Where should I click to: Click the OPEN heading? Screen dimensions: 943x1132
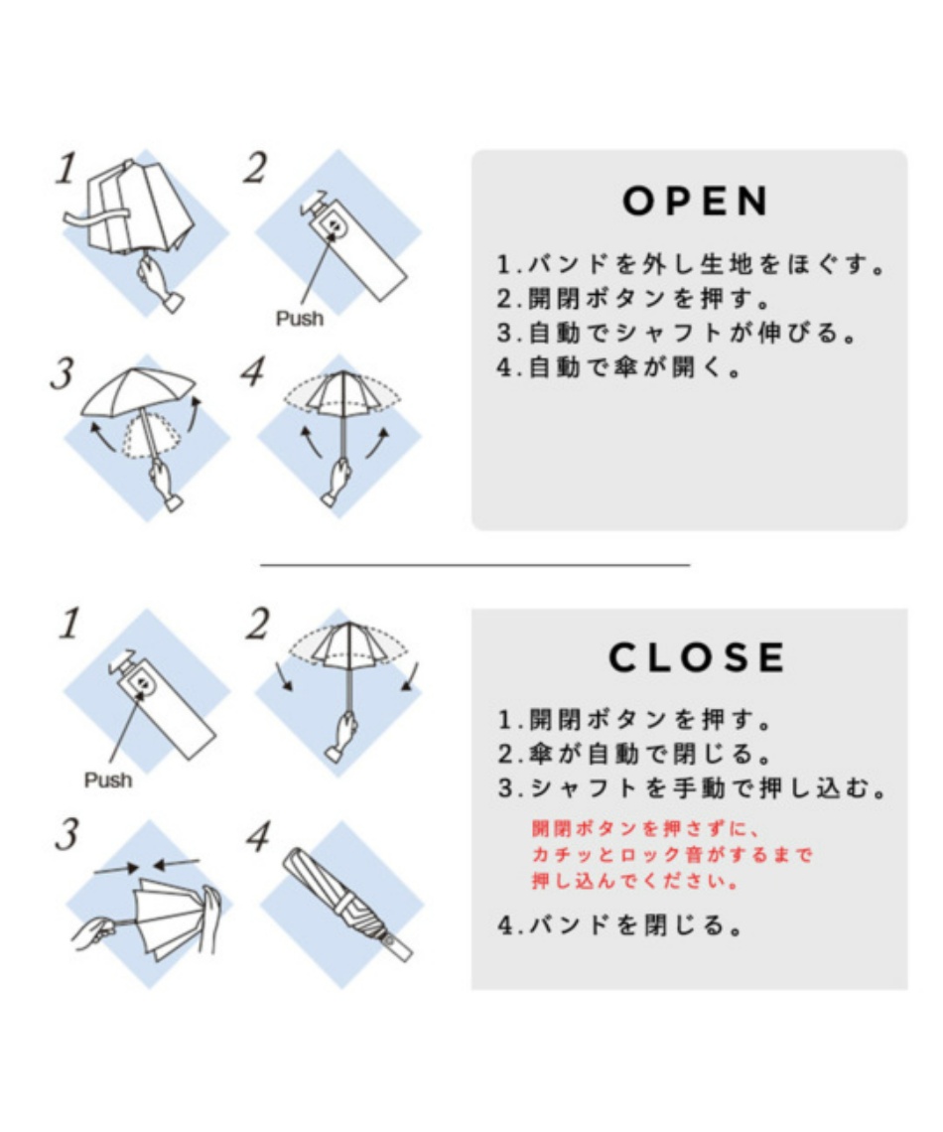[x=696, y=201]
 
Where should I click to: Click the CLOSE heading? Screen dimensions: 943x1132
[x=697, y=657]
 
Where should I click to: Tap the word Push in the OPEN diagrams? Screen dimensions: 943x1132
[x=300, y=319]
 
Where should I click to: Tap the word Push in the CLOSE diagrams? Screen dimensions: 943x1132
[x=108, y=779]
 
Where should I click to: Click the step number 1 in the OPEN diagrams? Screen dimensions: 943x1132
[x=67, y=168]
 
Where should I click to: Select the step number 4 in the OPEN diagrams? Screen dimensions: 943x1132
[x=253, y=372]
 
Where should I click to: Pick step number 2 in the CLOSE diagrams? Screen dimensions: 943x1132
[x=257, y=625]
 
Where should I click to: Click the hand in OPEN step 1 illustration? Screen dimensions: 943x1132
[x=160, y=283]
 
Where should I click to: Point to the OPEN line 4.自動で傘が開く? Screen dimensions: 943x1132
[x=619, y=367]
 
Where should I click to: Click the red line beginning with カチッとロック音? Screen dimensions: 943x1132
[x=672, y=855]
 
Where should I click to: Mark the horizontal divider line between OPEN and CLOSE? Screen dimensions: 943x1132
[x=474, y=565]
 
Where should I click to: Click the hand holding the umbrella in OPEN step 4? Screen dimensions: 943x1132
[x=339, y=481]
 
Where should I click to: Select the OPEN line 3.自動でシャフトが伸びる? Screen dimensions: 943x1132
[x=677, y=333]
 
